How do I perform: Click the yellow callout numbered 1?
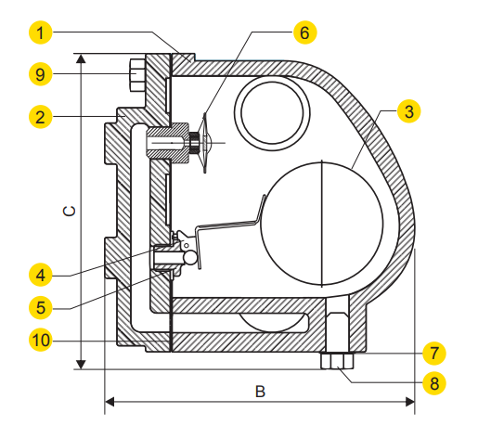pos(41,32)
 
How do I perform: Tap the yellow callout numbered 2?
pos(41,117)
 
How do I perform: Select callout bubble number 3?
pos(409,111)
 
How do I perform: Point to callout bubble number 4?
pos(41,276)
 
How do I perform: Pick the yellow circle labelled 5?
pos(41,308)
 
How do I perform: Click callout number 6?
pos(305,32)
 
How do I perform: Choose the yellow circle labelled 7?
pos(434,354)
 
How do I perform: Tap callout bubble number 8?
pos(434,383)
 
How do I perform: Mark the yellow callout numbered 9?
pos(41,74)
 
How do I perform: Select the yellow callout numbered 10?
pos(41,340)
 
